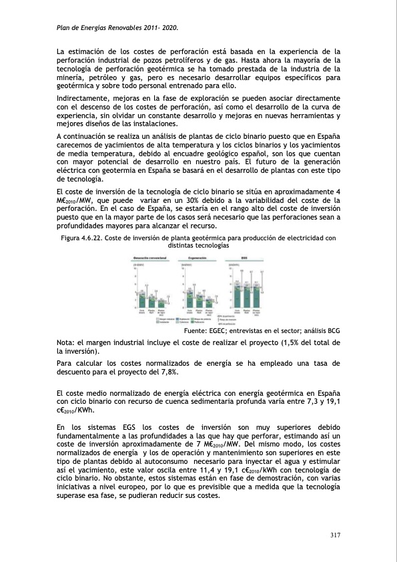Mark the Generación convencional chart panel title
151,257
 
